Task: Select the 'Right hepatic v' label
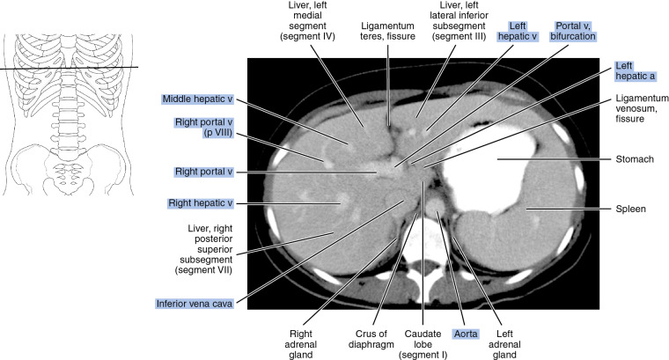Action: (199, 203)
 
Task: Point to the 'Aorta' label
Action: (465, 334)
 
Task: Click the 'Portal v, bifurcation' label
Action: (574, 33)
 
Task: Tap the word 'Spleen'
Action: (631, 209)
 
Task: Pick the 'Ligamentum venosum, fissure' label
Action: (633, 119)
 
